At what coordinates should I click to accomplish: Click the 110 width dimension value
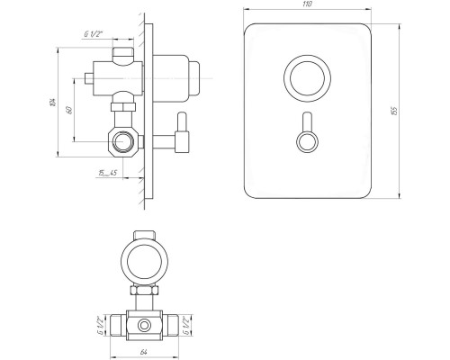coord(308,4)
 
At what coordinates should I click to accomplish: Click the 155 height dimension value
coord(394,111)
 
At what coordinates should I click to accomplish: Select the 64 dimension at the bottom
coord(144,352)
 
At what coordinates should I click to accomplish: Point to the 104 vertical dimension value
coord(53,102)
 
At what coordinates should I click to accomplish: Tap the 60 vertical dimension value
coord(69,110)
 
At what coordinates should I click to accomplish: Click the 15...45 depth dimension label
coord(107,173)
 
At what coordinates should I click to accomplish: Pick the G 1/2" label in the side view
coord(93,34)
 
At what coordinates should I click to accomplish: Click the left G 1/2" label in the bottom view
coord(101,325)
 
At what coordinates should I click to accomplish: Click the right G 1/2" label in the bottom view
coord(185,324)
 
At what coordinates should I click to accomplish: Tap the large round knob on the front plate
coord(307,78)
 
